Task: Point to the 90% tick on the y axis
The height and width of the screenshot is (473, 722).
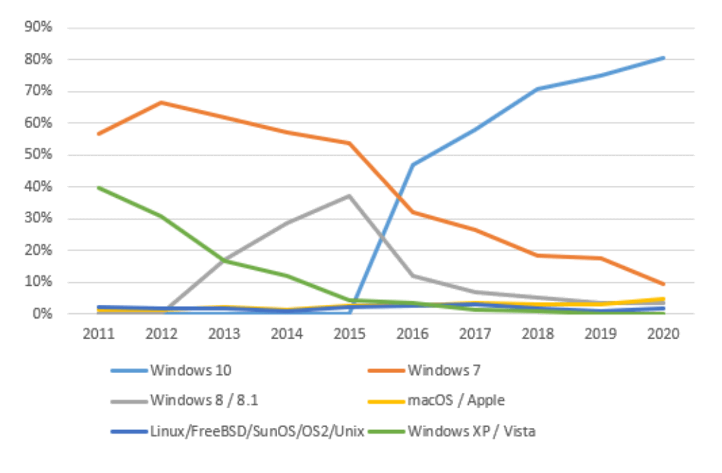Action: [39, 27]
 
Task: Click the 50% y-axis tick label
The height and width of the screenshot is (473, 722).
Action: [39, 155]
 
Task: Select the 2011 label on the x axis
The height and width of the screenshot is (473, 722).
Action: [99, 334]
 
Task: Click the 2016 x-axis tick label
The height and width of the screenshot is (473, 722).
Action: [412, 334]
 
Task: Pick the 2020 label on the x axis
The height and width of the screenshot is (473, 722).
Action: [664, 334]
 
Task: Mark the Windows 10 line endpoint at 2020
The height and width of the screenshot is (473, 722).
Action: [664, 58]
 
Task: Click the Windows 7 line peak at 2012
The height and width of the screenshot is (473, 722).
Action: [161, 103]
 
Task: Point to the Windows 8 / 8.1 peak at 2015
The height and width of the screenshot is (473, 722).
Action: [350, 196]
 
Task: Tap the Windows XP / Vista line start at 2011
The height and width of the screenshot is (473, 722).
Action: [99, 187]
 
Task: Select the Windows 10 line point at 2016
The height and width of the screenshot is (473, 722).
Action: [412, 165]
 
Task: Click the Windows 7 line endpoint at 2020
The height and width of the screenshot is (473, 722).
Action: [664, 284]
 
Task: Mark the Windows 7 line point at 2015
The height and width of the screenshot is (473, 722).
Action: [350, 143]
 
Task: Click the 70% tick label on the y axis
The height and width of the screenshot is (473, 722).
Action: [39, 92]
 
